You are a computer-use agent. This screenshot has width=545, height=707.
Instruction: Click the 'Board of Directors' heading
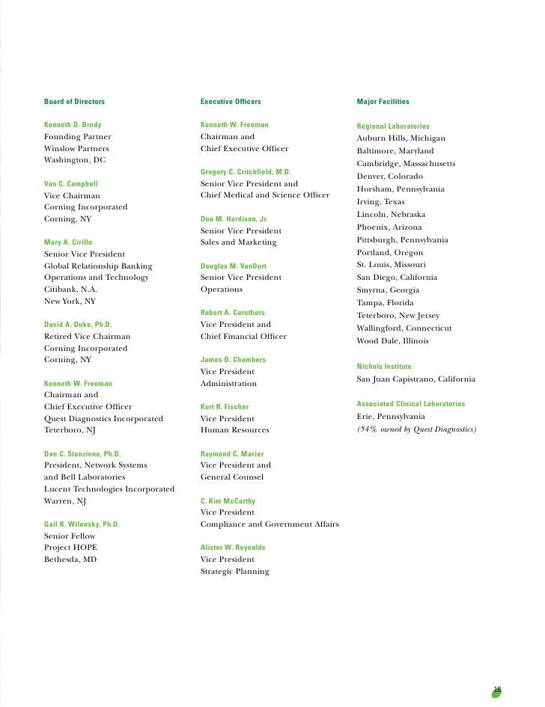(75, 101)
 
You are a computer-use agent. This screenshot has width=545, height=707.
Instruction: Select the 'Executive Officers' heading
(231, 101)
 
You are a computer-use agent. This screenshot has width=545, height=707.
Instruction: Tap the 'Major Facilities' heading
(383, 101)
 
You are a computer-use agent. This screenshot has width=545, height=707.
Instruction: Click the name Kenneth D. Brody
(73, 125)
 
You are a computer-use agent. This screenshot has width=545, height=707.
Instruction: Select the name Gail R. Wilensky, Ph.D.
(82, 524)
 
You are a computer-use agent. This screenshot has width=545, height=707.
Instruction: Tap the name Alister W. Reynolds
(233, 548)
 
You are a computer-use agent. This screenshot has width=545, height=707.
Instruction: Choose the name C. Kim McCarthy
(228, 501)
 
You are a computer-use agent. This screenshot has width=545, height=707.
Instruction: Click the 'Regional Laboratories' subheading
(393, 126)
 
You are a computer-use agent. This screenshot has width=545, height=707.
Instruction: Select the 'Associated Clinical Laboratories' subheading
(411, 404)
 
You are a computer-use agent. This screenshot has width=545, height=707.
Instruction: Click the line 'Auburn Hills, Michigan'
(401, 138)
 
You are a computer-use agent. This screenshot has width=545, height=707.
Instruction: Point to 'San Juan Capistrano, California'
(416, 379)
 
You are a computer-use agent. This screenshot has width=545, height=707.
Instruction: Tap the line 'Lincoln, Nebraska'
(391, 215)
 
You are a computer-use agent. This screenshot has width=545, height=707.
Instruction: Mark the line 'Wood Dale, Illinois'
(393, 341)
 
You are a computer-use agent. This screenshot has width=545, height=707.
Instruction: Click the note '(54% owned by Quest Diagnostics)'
(417, 429)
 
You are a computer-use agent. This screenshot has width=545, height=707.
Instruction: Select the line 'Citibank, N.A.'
(71, 289)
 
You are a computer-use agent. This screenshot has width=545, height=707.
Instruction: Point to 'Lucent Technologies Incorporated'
(109, 489)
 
